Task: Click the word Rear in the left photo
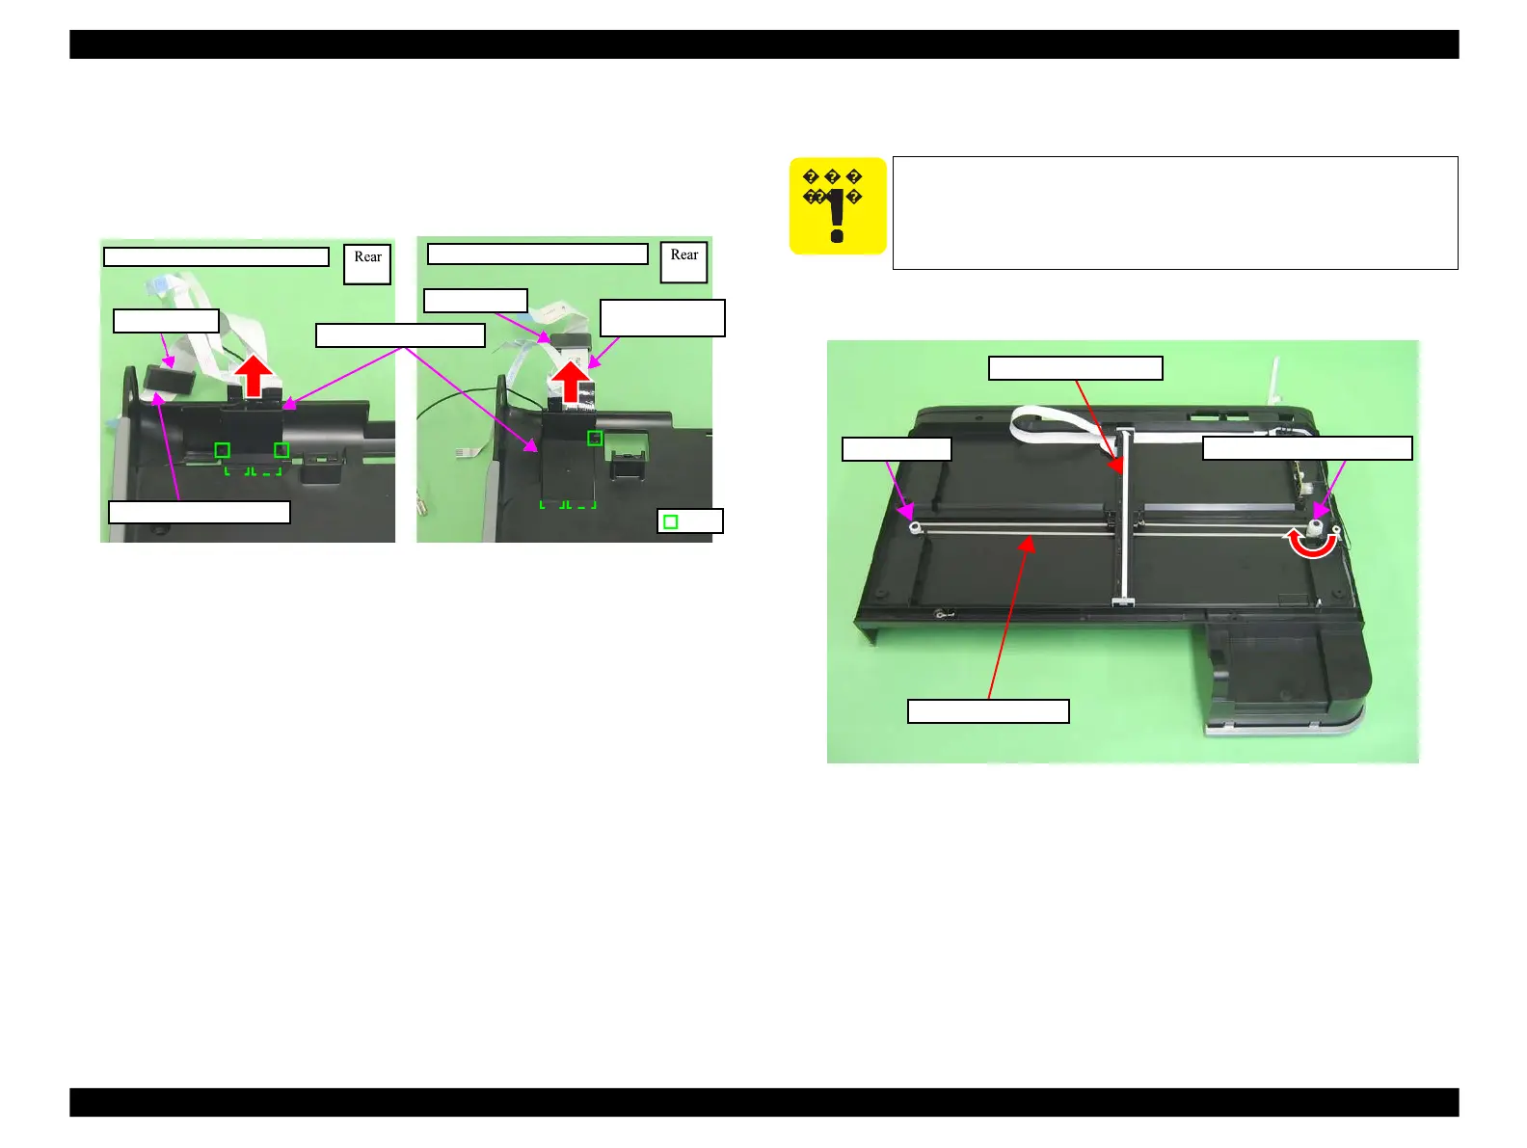click(367, 257)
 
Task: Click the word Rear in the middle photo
click(683, 255)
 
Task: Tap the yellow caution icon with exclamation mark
click(837, 206)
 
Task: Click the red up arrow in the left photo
click(254, 377)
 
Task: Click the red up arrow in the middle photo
click(573, 381)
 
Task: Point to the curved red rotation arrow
click(1313, 547)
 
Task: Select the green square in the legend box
click(671, 521)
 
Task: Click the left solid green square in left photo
click(223, 450)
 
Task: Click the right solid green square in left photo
click(281, 450)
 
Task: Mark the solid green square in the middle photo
click(595, 439)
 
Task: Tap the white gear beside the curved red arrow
click(1315, 528)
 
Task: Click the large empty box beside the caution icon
click(1174, 213)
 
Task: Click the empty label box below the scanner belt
click(988, 711)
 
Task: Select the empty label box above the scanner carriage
click(1075, 368)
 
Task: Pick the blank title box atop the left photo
click(216, 256)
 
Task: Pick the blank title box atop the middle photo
click(537, 254)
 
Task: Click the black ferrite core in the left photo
click(170, 380)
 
